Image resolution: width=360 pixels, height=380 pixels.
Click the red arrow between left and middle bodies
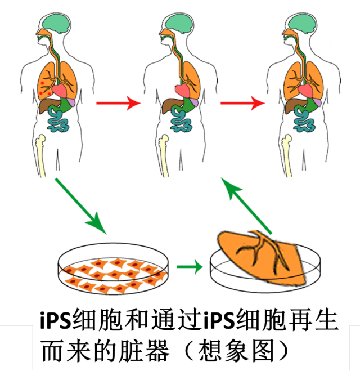point(117,103)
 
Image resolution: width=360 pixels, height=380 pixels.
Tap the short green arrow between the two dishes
point(190,266)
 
